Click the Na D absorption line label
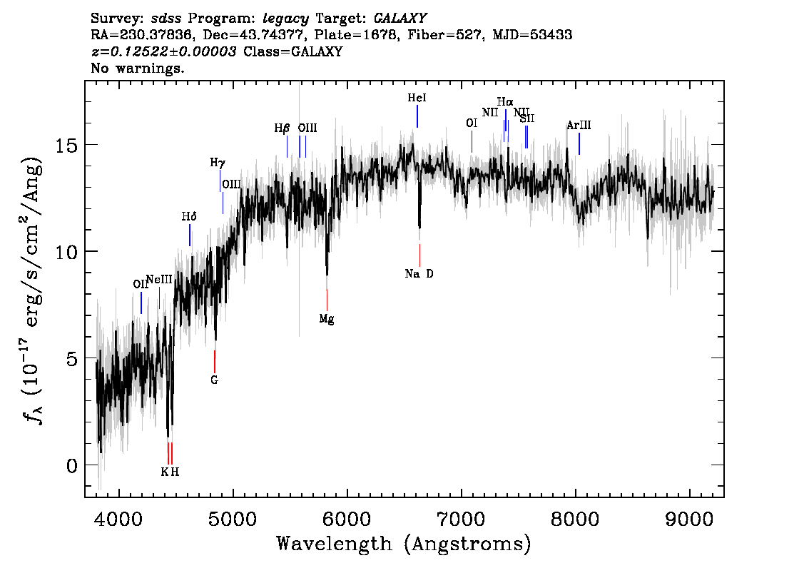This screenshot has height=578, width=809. coord(419,274)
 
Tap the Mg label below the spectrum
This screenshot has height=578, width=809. coord(327,320)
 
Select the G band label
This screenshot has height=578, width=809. coord(214,380)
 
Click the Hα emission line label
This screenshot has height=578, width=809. coord(505,102)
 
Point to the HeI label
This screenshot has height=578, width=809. coord(417,98)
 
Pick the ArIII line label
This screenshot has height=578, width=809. coord(579,126)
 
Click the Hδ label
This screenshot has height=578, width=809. coord(189,216)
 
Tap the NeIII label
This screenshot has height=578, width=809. coord(159,279)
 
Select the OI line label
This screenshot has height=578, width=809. coord(472,123)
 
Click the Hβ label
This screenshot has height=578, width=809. coord(282,129)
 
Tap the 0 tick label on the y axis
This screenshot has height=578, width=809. coord(72,465)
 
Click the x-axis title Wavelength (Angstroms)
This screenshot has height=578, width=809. coord(404,544)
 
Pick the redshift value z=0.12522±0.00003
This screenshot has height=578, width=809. coord(163,52)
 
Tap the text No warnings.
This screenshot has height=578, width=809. coord(138,69)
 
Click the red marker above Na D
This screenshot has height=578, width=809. coord(419,255)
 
